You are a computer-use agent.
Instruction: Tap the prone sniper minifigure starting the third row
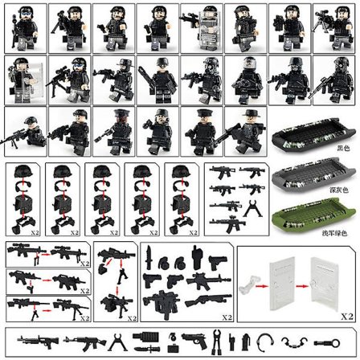(x=24, y=129)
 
